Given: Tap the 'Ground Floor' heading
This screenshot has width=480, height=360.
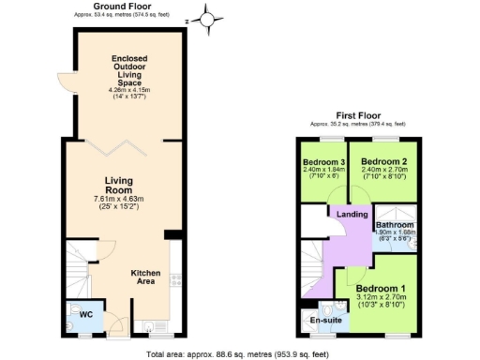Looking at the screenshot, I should tap(122, 6).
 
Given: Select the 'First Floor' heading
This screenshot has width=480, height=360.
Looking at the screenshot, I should tap(358, 114).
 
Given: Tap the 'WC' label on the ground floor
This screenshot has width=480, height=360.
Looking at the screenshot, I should tap(83, 315).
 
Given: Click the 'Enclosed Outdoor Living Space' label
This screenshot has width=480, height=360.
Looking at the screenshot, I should tap(124, 71).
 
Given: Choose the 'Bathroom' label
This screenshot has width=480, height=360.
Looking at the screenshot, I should tap(396, 226).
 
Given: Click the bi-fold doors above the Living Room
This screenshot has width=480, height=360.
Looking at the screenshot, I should tap(116, 142).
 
